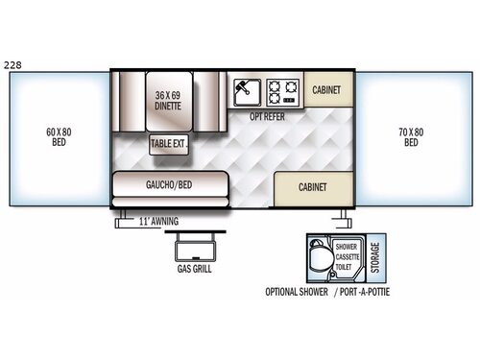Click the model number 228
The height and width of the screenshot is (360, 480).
click(13, 65)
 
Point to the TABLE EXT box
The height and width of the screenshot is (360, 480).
click(168, 144)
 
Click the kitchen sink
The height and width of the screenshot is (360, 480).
click(246, 92)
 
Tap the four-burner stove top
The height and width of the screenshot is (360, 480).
click(283, 92)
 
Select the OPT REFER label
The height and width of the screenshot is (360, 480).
click(269, 116)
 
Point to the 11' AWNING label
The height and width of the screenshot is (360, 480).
click(157, 222)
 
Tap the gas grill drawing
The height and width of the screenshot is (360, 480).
click(194, 248)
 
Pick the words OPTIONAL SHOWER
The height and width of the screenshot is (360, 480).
click(297, 292)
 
